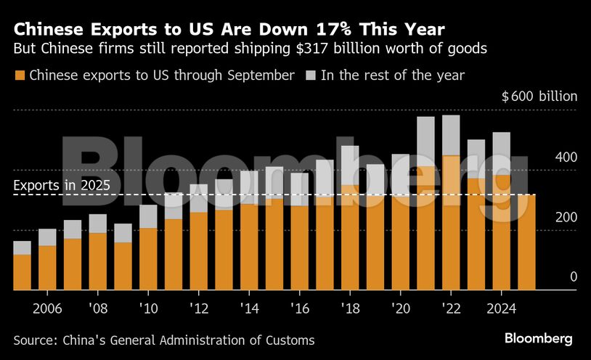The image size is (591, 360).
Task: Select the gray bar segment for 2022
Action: point(451,135)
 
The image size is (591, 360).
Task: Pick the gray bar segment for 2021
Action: point(425,142)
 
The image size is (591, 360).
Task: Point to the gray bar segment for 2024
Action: point(502,153)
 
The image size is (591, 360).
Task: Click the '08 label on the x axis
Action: point(97,308)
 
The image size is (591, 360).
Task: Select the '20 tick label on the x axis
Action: point(400,308)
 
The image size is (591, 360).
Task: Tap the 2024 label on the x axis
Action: point(501,308)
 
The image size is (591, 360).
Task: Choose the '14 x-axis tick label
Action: point(249,308)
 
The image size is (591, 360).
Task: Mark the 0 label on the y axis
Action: point(553,277)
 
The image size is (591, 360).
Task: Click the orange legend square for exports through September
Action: point(20,75)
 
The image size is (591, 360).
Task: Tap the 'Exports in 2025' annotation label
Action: point(62,185)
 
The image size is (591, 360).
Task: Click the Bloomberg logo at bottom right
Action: point(538,338)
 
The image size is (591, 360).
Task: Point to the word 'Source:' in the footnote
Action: point(36,339)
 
